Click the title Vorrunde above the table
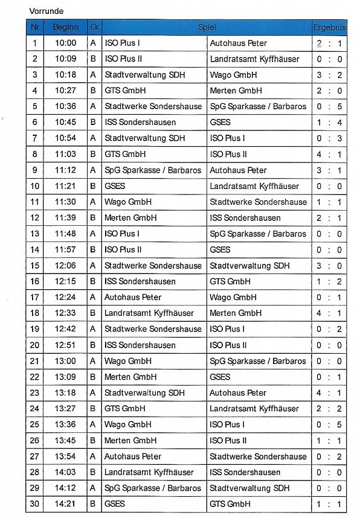click(x=46, y=11)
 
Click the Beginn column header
click(x=65, y=28)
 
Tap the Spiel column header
click(x=207, y=28)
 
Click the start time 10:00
click(x=65, y=43)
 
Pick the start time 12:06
click(x=65, y=266)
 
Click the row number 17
click(x=35, y=298)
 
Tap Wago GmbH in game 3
click(x=233, y=75)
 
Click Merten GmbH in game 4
click(x=236, y=91)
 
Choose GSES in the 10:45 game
click(x=220, y=123)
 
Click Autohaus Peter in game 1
click(x=238, y=43)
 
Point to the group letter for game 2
click(x=93, y=59)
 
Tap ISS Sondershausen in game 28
click(x=245, y=472)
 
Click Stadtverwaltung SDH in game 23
click(x=144, y=393)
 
